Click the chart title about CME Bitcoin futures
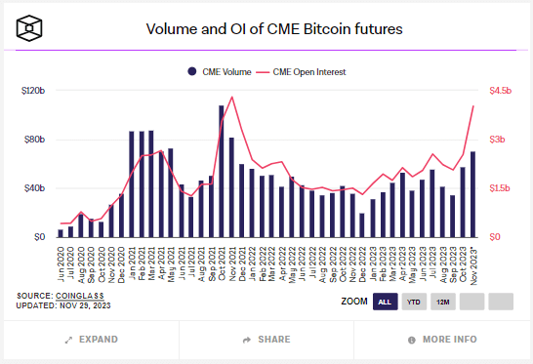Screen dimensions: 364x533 click(273, 29)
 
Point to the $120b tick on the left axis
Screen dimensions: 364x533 click(33, 91)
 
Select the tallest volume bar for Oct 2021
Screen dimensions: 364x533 click(222, 172)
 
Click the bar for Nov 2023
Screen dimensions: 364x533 click(473, 194)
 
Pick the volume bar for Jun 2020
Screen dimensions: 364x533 click(61, 233)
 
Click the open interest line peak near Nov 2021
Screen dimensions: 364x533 click(231, 98)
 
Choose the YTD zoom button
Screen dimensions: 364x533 click(414, 302)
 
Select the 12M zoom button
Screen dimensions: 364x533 click(442, 302)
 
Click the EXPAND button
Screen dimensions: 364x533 click(90, 340)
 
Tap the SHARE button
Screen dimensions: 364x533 click(266, 340)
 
